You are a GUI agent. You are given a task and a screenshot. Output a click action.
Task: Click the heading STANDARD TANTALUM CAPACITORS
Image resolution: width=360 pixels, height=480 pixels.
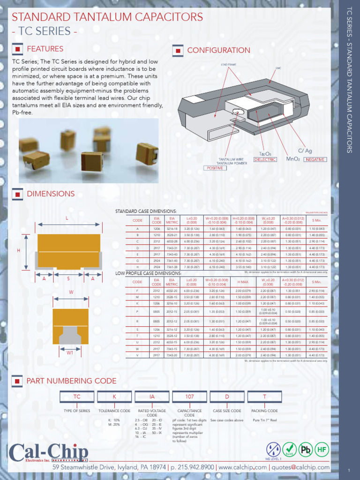[107, 17]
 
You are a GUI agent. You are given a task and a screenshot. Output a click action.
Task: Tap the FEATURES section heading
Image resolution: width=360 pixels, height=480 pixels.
[45, 49]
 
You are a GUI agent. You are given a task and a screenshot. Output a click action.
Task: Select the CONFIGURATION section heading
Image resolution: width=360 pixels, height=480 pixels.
[218, 50]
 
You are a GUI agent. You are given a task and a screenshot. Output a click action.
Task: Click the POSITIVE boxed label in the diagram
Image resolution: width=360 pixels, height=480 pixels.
[214, 168]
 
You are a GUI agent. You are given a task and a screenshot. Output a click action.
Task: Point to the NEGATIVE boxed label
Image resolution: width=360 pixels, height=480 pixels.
[315, 160]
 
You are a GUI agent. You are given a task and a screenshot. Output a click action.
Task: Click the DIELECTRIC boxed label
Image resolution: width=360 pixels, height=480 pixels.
[265, 160]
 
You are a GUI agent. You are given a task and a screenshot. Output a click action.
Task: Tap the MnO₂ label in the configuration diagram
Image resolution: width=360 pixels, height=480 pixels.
[293, 159]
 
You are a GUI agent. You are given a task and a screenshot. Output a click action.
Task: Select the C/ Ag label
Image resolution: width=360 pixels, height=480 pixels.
[305, 151]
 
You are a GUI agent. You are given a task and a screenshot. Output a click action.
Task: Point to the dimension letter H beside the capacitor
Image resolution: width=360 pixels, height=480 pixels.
[19, 250]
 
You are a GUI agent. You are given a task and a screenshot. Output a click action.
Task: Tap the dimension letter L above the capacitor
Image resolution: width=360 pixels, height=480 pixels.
[67, 218]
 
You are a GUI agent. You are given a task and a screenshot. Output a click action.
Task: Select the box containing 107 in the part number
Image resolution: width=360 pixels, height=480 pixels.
[189, 397]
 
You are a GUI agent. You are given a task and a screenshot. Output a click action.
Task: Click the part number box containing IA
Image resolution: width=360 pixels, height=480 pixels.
[152, 397]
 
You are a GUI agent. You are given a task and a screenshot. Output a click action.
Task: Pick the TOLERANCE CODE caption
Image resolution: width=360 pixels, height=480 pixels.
[114, 411]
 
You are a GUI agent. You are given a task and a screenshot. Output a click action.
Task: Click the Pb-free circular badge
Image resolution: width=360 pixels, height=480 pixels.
[306, 450]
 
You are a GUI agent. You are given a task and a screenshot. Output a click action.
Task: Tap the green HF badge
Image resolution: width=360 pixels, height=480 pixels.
[322, 450]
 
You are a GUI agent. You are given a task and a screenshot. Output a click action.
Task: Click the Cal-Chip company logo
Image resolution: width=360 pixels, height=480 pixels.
[48, 454]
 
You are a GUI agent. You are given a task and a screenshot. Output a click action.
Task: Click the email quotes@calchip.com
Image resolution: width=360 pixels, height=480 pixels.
[300, 467]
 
